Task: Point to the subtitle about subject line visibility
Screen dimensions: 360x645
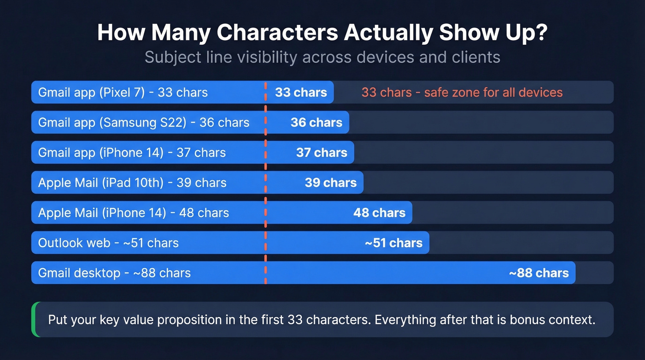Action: point(322,57)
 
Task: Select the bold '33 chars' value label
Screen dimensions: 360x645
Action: point(301,92)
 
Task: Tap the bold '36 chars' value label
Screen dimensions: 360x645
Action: point(317,123)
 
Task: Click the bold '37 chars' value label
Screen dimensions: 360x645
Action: point(322,153)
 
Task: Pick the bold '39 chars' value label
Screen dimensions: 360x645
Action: point(331,183)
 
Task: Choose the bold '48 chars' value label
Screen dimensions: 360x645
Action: point(379,212)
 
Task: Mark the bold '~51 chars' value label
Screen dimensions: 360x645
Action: point(393,243)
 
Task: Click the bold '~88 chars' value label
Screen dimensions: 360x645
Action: point(539,273)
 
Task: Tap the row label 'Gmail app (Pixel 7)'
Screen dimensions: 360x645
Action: point(91,92)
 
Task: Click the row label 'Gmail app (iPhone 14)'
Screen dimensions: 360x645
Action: point(100,153)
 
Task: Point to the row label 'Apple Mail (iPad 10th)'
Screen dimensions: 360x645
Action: point(101,183)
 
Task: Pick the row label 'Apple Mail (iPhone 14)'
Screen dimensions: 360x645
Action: point(102,212)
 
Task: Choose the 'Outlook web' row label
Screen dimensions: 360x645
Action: point(74,243)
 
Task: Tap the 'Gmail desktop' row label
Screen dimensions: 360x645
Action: point(79,273)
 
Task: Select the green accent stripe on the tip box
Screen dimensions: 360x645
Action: point(34,319)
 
